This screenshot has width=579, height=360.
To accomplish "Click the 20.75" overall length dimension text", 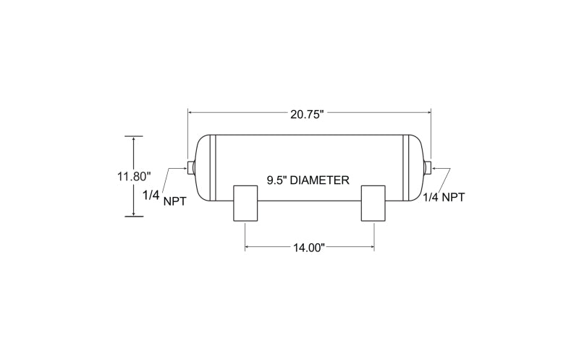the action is tap(307, 114).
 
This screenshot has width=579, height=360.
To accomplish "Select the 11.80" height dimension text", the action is tap(135, 176).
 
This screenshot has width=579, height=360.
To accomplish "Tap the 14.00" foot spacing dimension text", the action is tap(309, 247).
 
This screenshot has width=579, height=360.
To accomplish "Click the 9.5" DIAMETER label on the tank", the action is tap(308, 180).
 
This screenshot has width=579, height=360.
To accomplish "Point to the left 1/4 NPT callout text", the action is tap(165, 198).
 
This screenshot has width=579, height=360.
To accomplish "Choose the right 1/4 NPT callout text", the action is tap(444, 197).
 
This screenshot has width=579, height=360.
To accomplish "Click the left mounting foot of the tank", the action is tap(245, 204).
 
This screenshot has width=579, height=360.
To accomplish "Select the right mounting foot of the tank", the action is tap(373, 204).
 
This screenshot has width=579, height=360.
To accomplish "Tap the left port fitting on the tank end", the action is tap(191, 168).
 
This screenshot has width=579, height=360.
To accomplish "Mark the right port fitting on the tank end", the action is tap(428, 168).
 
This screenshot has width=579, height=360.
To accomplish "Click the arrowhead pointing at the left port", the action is tap(186, 168).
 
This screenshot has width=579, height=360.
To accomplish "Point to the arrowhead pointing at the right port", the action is tap(434, 168).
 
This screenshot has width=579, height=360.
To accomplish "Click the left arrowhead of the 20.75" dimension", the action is tap(190, 112).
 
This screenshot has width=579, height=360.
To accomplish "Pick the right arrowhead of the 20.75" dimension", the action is tap(428, 112).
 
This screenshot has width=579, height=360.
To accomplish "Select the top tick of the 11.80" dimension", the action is tap(134, 136).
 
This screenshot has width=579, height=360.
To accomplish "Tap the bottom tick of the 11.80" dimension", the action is tap(134, 217).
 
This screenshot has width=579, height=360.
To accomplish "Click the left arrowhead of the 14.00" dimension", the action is tap(248, 247).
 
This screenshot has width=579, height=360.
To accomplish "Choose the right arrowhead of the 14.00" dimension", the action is tap(372, 247).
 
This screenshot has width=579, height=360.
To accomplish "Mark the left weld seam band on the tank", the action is tap(212, 168).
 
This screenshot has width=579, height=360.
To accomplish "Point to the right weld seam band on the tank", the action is tap(406, 168).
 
